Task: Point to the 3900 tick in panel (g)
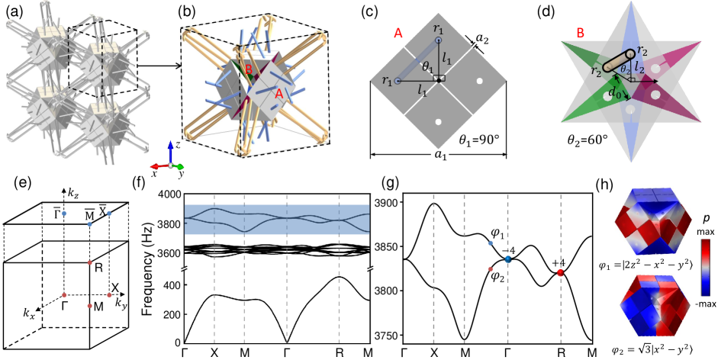(387, 202)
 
